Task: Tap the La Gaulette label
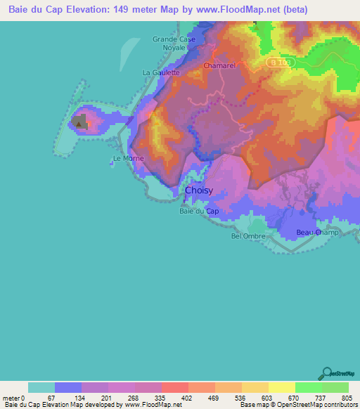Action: [162, 72]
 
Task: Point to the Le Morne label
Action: [128, 159]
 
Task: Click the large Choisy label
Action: [200, 190]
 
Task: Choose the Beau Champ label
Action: [318, 233]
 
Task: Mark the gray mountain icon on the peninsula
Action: [79, 123]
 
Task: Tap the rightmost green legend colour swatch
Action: [335, 387]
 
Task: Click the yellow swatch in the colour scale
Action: [282, 387]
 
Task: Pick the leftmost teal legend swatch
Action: [41, 387]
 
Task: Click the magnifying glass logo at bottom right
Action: [328, 373]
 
